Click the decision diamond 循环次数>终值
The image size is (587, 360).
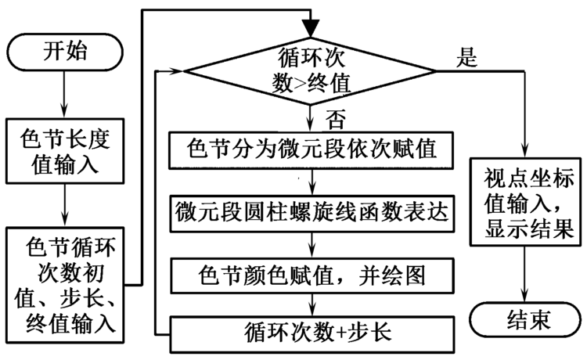point(312,70)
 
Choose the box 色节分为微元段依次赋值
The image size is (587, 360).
point(314,148)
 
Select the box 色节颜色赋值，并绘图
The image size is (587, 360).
point(314,276)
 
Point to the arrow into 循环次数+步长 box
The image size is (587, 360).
point(314,306)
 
